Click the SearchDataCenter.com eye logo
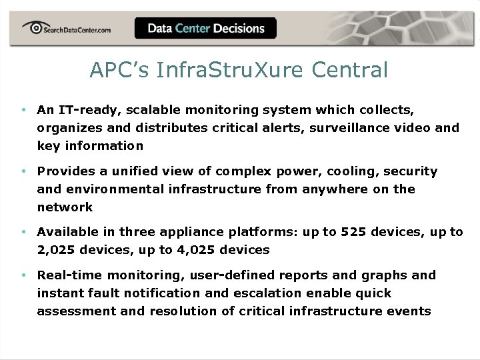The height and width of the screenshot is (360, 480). [33, 27]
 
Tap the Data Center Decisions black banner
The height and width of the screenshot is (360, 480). [205, 29]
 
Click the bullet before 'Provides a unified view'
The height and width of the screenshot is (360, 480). [23, 171]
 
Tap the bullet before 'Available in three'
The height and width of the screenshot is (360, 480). [23, 232]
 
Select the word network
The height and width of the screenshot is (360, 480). [65, 207]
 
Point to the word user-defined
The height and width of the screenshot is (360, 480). [227, 275]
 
